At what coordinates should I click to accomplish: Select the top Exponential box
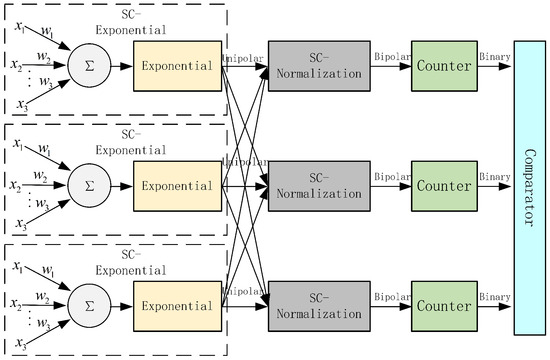[x=177, y=67]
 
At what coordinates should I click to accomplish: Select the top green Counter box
[x=441, y=67]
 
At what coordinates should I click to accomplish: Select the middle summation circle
[x=88, y=184]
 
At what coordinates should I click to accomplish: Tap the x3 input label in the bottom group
[x=19, y=342]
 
